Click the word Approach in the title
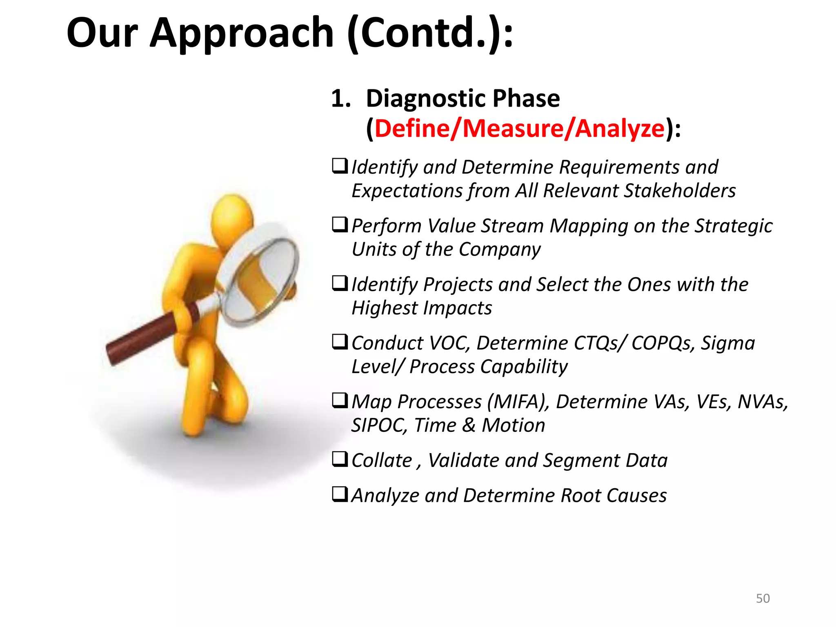pyautogui.click(x=242, y=33)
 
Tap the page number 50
pyautogui.click(x=763, y=598)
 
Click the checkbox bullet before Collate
pyautogui.click(x=340, y=459)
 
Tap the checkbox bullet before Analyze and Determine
pyautogui.click(x=340, y=494)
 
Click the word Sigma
pyautogui.click(x=728, y=343)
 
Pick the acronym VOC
pyautogui.click(x=444, y=343)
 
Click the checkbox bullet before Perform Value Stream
pyautogui.click(x=340, y=225)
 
